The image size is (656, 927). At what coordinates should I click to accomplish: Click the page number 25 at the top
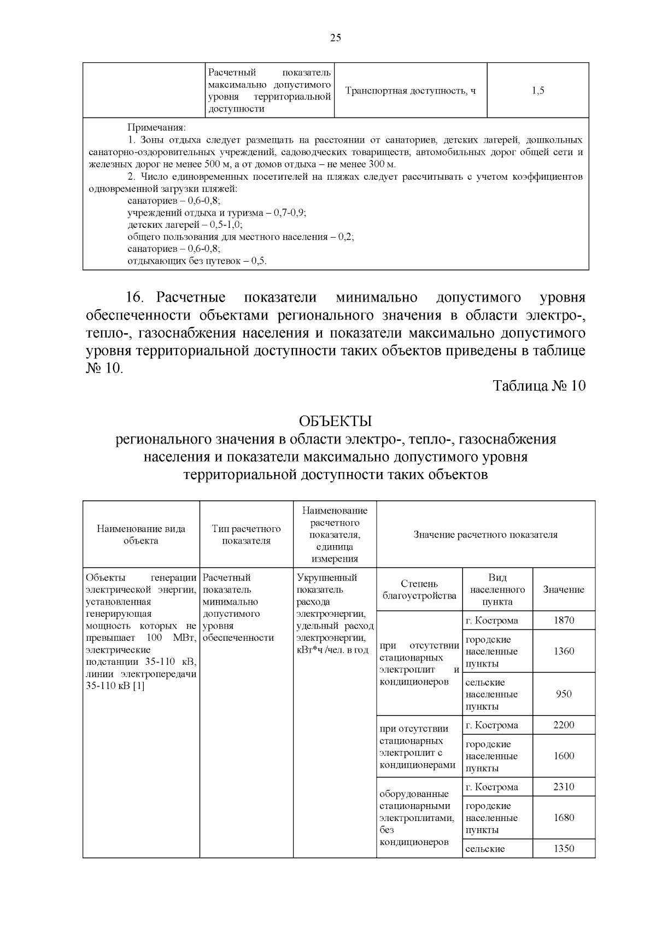pos(336,38)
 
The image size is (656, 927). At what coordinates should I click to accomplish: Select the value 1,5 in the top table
pos(537,91)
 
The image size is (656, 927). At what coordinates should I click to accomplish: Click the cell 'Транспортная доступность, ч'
pos(410,91)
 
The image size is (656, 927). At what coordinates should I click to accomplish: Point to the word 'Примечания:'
pos(156,128)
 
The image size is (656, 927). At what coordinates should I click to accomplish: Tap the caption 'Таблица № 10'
pos(539,386)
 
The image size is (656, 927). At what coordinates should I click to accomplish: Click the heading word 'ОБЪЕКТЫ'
pos(335,422)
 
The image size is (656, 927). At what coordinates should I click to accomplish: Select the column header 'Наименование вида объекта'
pos(141,534)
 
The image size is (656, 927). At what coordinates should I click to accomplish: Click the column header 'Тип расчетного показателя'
pos(246,534)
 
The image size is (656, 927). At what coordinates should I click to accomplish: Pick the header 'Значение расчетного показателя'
pos(485,534)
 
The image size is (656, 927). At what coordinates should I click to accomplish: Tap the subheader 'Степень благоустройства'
pos(419,589)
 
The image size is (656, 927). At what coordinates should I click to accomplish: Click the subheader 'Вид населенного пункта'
pos(497,589)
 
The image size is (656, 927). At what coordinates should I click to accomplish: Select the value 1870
pos(564,620)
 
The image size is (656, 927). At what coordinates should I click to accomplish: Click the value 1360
pos(564,651)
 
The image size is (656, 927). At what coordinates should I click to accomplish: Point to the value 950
pos(564,694)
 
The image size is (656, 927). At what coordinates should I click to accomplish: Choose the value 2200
pos(564,725)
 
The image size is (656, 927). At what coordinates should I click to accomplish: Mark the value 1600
pos(564,756)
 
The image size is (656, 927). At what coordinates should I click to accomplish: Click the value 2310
pos(564,787)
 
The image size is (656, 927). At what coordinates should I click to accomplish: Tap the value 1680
pos(564,818)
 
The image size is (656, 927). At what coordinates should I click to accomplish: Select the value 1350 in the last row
pos(564,848)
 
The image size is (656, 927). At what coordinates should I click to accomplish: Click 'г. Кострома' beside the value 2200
pos(492,725)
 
